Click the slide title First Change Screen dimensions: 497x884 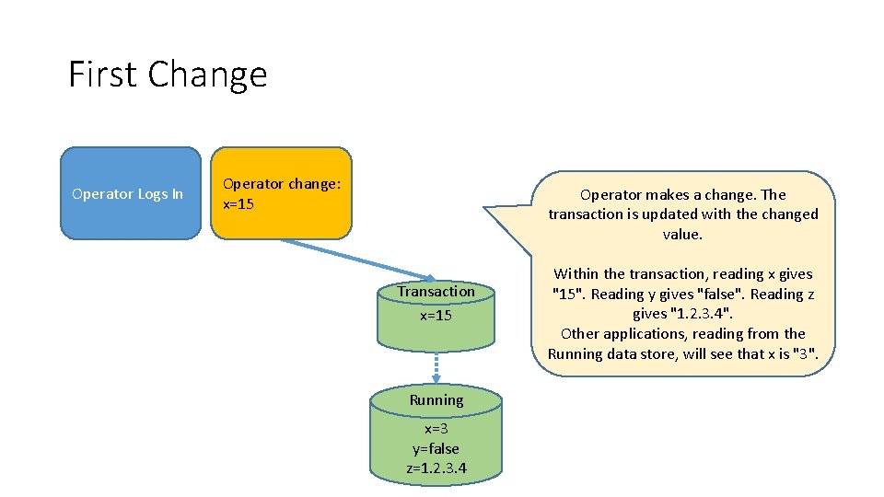(168, 74)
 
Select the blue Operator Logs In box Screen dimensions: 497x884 (130, 193)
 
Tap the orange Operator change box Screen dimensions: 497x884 (281, 193)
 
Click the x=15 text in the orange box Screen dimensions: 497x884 (238, 203)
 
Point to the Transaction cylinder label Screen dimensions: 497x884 (436, 291)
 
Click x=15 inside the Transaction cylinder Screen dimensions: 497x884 (436, 315)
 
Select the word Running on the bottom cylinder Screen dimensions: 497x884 (436, 400)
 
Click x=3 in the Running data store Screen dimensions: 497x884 (436, 429)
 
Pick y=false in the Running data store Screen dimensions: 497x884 (436, 448)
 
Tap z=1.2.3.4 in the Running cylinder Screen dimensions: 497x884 (436, 468)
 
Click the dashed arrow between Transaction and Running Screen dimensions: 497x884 (436, 368)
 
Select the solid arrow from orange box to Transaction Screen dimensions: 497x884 (359, 259)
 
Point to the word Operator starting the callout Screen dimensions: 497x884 (611, 194)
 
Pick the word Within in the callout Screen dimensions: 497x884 (576, 274)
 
